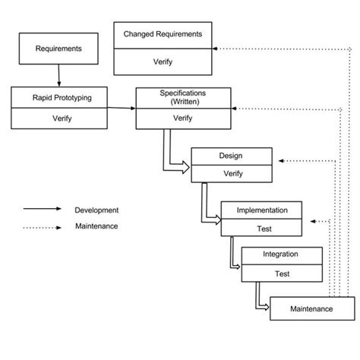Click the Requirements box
[58, 49]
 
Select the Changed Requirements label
[163, 33]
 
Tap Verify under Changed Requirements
[163, 62]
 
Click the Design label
[231, 156]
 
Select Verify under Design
[231, 173]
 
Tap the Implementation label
[261, 210]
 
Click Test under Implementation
[261, 228]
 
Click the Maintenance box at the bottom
[311, 308]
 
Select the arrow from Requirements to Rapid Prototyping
[58, 74]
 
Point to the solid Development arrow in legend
[41, 210]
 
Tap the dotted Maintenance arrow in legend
[41, 226]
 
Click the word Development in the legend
[96, 210]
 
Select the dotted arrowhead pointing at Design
[281, 161]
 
